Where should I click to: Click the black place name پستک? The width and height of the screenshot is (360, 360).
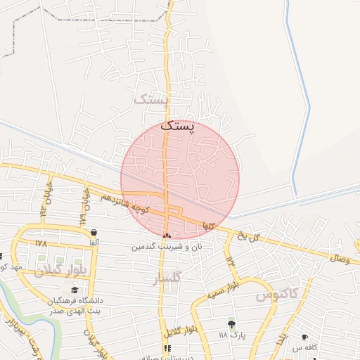[x=176, y=127]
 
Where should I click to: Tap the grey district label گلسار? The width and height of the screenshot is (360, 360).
[x=167, y=280]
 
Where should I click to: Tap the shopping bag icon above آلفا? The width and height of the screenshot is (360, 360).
[x=94, y=232]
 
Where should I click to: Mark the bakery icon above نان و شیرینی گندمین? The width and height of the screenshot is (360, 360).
[x=167, y=236]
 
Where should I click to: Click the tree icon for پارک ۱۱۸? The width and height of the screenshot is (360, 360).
[x=231, y=324]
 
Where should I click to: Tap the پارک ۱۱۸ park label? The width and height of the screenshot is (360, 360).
[x=231, y=335]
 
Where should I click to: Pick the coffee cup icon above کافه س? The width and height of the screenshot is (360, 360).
[x=304, y=337]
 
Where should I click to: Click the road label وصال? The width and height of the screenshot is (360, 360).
[x=340, y=259]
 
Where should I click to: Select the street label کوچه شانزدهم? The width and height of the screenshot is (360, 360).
[x=124, y=203]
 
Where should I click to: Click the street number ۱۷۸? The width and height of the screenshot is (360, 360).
[x=40, y=243]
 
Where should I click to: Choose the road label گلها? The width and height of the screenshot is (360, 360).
[x=207, y=226]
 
